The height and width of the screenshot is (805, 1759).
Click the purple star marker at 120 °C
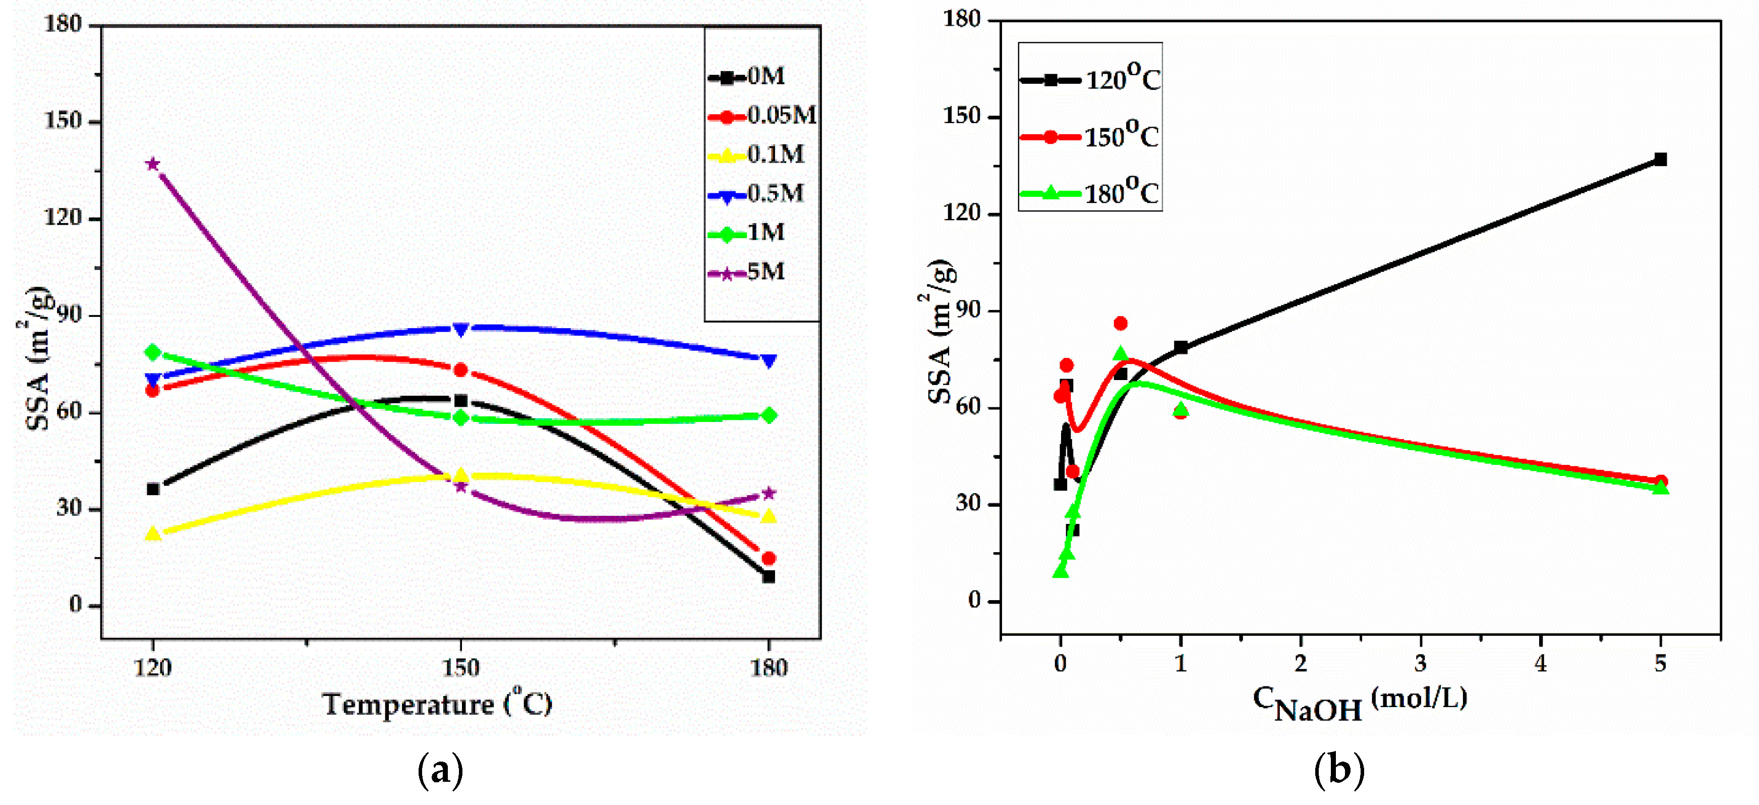coord(153,164)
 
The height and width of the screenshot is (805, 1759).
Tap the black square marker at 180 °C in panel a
coord(769,577)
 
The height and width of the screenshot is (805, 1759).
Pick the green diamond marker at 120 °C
coord(153,352)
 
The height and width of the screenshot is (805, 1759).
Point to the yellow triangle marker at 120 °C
coord(153,533)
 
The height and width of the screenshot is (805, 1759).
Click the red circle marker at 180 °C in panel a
coord(769,558)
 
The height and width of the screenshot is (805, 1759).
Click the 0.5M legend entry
coord(757,195)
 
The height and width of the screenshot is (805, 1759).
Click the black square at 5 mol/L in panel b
coord(1661,159)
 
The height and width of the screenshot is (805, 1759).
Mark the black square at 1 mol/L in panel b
coord(1181,347)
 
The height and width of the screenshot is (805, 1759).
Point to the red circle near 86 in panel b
coord(1121,323)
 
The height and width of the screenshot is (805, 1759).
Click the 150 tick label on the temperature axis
coord(461,668)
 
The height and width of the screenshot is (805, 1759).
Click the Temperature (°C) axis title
coord(438,704)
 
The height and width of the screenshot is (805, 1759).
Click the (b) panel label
coord(1339,770)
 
